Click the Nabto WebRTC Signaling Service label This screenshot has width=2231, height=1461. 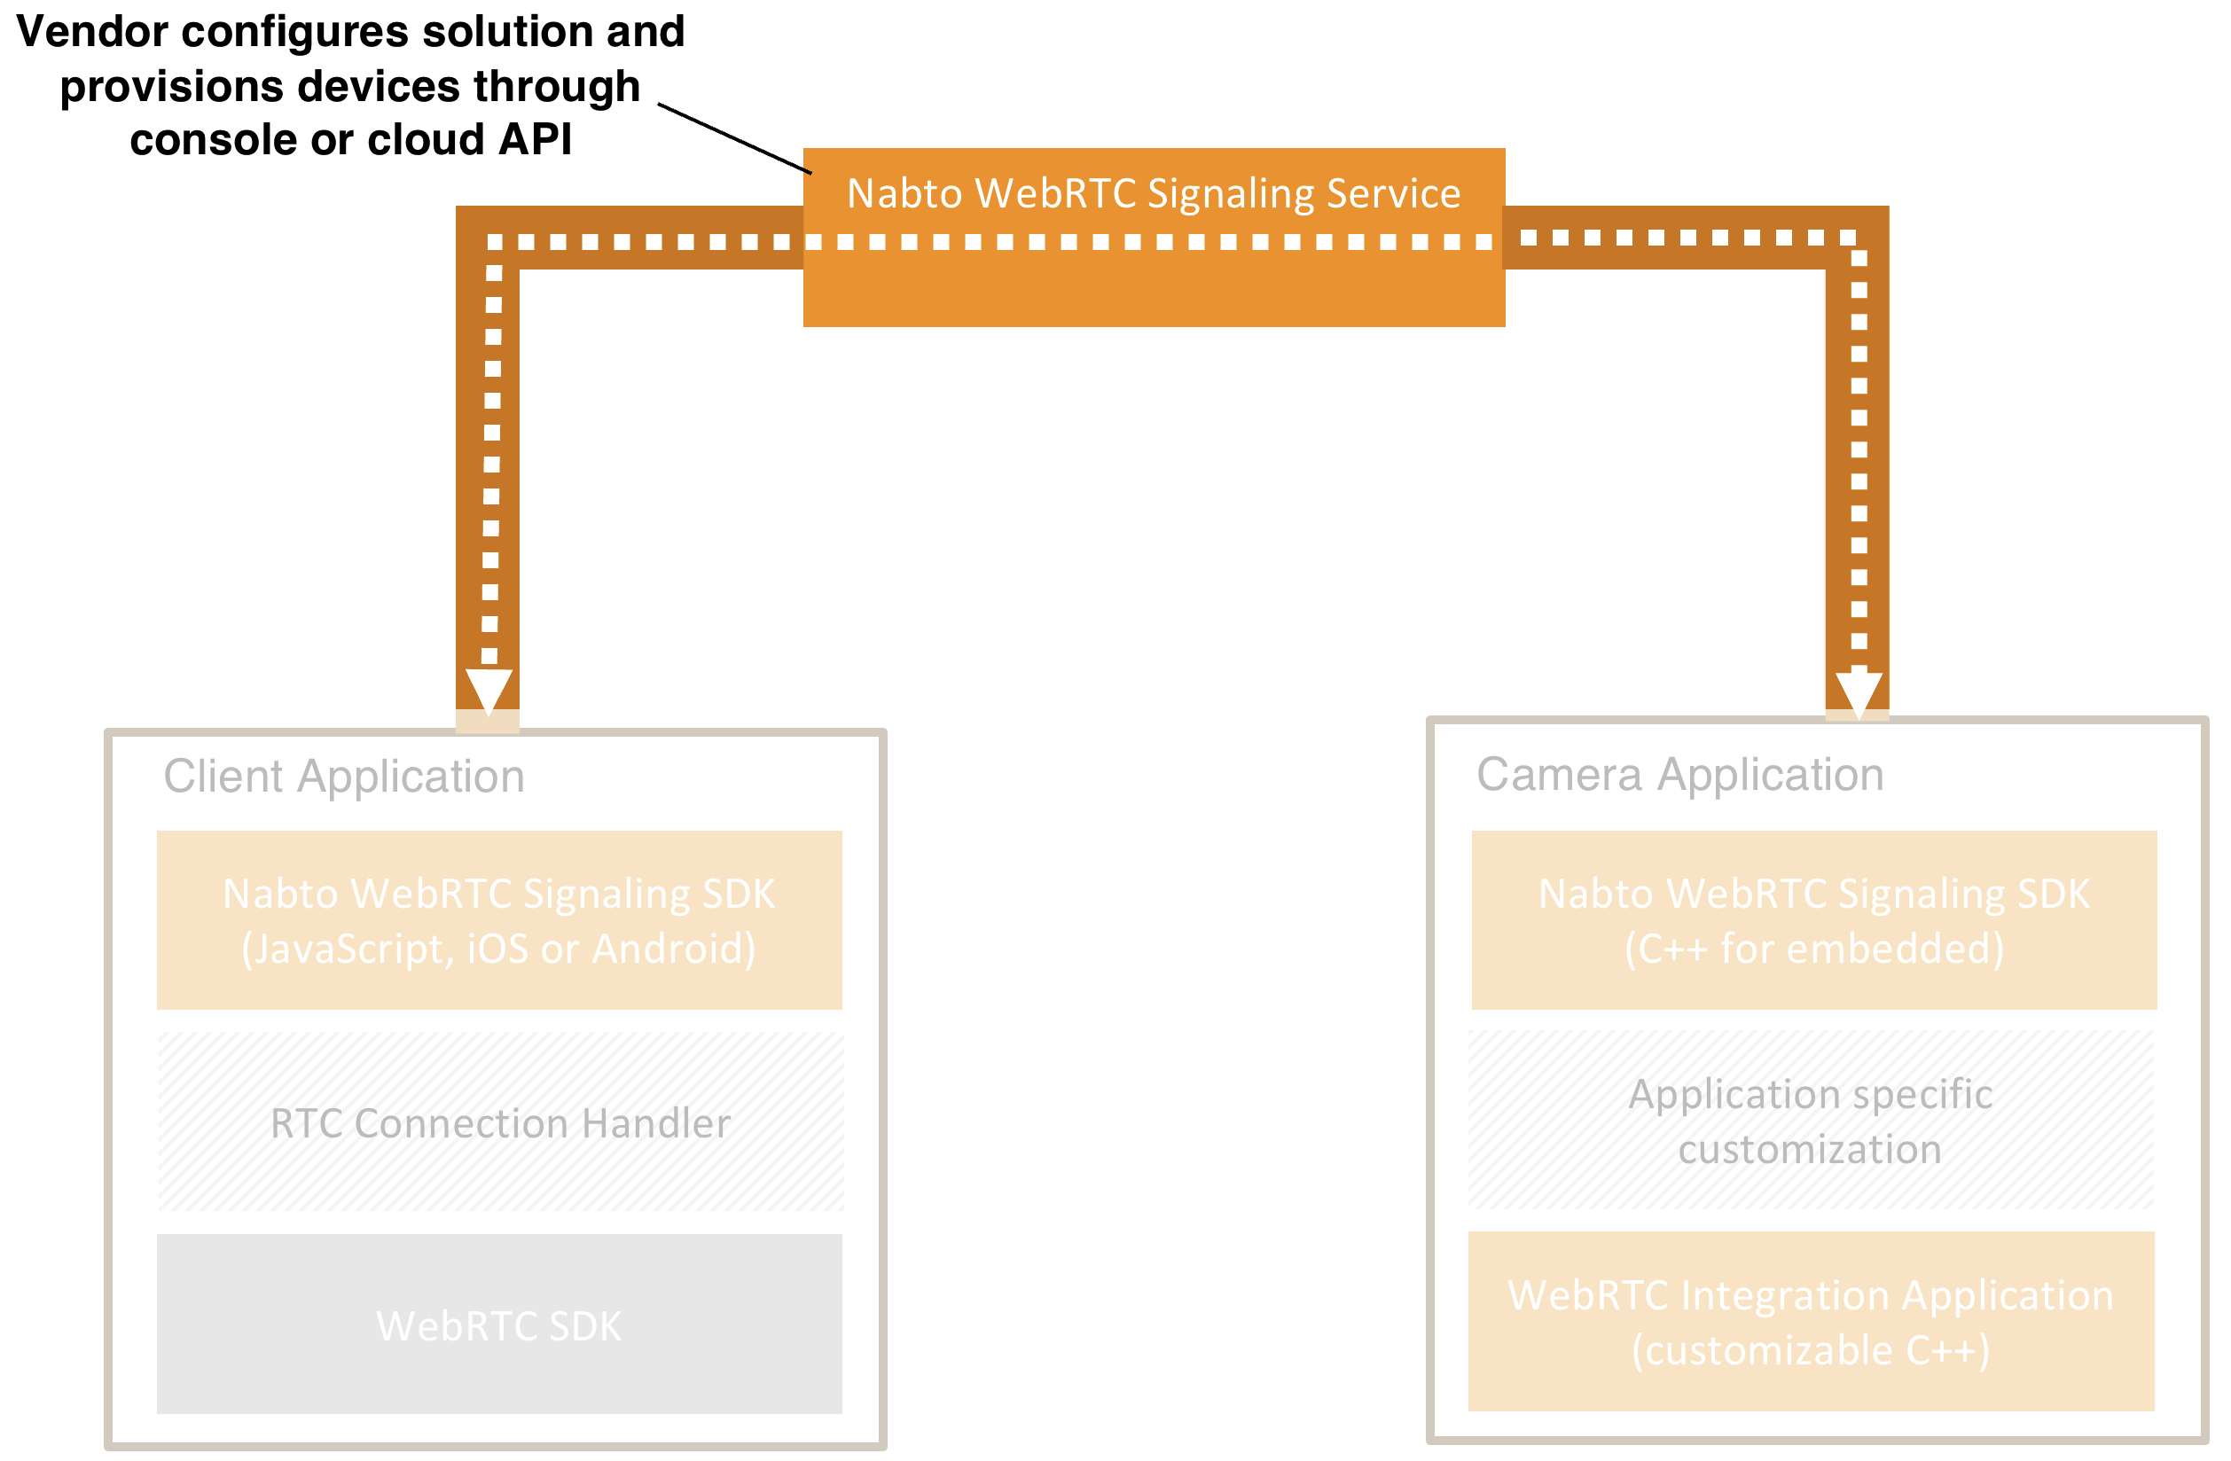click(x=1153, y=193)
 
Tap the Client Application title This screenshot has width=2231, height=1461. click(x=344, y=776)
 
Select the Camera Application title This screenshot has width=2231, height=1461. click(x=1679, y=774)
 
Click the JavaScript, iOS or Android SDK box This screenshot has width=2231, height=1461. click(x=498, y=920)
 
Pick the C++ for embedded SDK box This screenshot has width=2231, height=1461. click(x=1814, y=920)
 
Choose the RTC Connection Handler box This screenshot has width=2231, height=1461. click(x=499, y=1122)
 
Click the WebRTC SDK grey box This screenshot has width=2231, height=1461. click(x=498, y=1325)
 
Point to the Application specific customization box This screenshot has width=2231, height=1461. click(x=1810, y=1121)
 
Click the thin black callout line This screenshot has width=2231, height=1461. click(x=734, y=138)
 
